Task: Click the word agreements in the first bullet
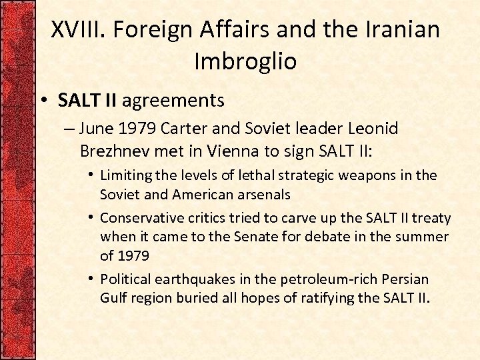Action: [173, 101]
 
